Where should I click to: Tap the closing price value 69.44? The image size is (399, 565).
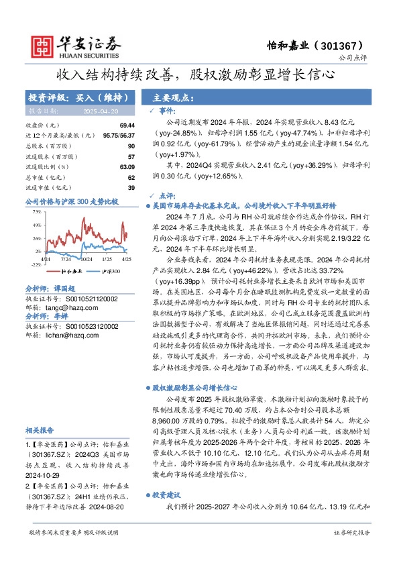pyautogui.click(x=127, y=125)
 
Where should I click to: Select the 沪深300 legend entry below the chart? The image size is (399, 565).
pyautogui.click(x=107, y=272)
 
